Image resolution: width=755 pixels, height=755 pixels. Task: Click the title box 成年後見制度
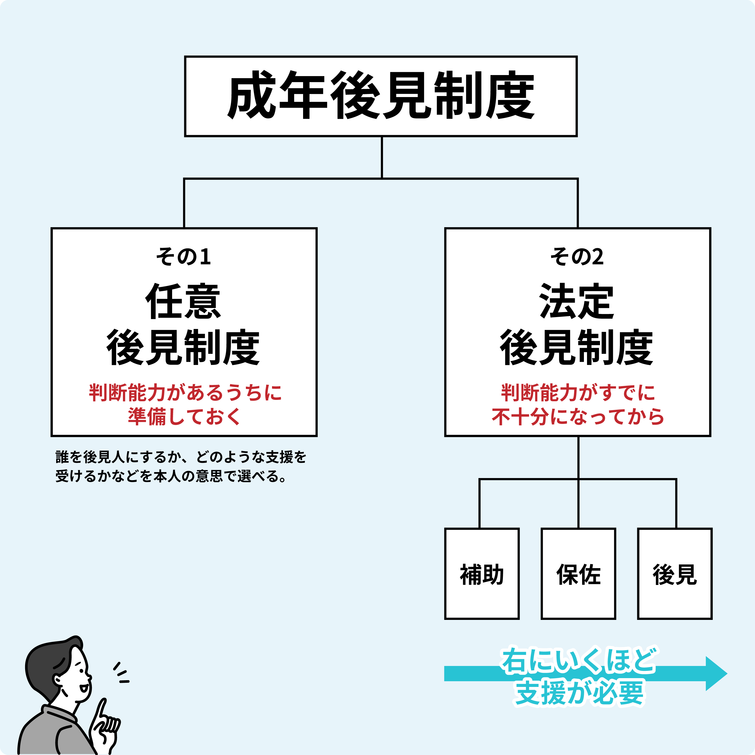point(381,96)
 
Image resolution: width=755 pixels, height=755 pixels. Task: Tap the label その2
point(577,257)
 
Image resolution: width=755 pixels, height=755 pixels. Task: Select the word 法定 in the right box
point(577,301)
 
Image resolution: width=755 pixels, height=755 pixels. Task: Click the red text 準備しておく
point(184,416)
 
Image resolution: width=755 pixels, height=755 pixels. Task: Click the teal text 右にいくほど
point(578,661)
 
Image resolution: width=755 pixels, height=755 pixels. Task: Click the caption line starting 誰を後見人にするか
point(181,457)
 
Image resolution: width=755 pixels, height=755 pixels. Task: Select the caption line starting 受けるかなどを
point(172,476)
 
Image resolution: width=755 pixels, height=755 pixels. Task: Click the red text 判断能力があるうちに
point(185,393)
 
